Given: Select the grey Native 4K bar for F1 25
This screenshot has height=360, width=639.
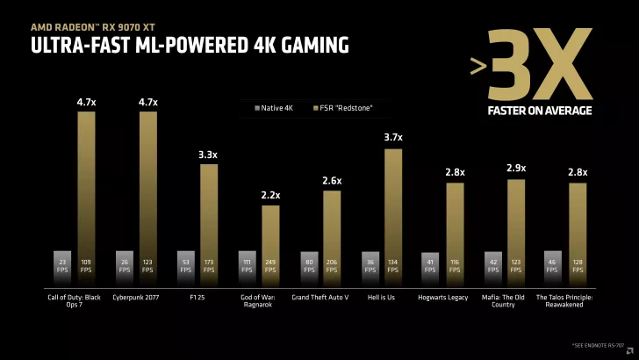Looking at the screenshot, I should pos(185,263).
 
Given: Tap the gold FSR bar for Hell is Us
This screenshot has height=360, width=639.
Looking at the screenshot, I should pos(393,211).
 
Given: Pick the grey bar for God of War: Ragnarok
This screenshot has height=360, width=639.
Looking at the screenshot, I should pos(248,263).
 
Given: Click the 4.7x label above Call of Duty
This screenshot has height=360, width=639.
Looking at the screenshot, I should pos(86,103).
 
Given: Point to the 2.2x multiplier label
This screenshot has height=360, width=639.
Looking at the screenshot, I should pos(270,195).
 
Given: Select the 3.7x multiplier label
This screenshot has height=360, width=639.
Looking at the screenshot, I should pos(393,137).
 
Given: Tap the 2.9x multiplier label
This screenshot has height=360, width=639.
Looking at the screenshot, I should pos(516,168).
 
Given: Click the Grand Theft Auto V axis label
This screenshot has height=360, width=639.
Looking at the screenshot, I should pos(319,297).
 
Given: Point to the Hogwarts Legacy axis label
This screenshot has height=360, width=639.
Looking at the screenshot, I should pos(442,297).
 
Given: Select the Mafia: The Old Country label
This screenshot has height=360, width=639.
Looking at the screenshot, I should pos(504,301).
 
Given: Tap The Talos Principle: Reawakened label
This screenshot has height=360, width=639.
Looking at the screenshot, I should pos(565,301).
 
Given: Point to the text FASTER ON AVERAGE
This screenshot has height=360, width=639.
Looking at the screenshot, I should pos(539,111).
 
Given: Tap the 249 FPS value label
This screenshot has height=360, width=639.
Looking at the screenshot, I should pos(270,265).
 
